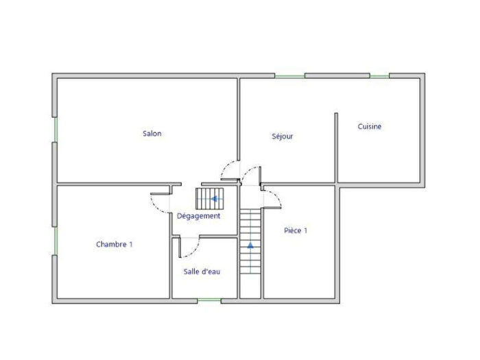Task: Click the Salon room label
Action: click(152, 134)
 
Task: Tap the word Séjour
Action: click(283, 136)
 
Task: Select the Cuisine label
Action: click(370, 126)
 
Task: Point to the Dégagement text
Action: click(198, 216)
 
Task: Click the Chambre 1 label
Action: click(115, 244)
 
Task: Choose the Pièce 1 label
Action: click(296, 230)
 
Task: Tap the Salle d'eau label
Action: click(202, 272)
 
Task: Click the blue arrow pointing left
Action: click(215, 200)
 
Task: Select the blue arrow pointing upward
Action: click(250, 243)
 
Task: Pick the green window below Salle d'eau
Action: click(209, 300)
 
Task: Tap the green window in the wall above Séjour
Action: click(289, 75)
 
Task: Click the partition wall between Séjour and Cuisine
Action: click(336, 147)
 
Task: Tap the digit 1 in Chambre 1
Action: click(130, 244)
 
